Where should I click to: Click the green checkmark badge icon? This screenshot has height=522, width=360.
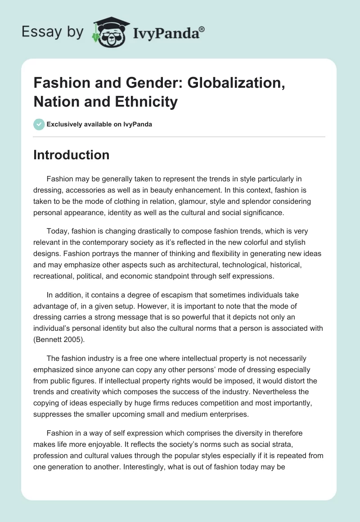click(39, 124)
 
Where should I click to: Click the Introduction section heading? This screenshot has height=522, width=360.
click(72, 155)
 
